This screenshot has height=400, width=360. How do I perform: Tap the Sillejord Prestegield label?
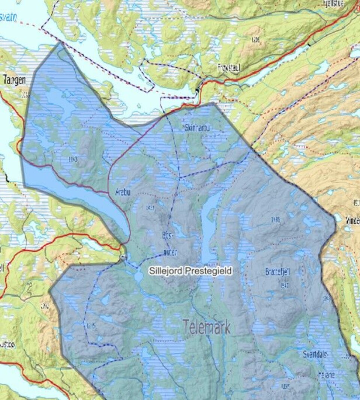190,271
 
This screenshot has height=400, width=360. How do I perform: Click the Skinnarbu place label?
197,128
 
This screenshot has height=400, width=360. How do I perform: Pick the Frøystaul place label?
228,68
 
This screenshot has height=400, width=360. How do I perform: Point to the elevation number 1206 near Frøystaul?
256,39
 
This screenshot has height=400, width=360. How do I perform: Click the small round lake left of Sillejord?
138,277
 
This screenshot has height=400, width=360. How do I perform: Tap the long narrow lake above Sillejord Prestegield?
208,225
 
